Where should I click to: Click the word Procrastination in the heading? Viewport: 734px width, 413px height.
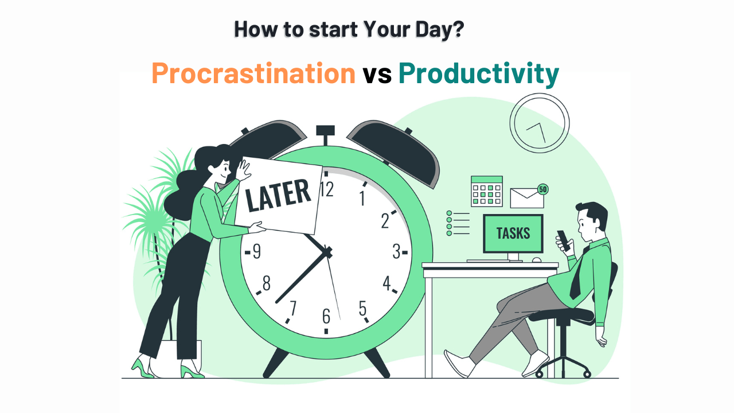coord(253,74)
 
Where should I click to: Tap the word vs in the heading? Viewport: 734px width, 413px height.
coord(377,75)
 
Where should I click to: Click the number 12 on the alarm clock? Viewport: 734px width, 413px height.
coord(326,189)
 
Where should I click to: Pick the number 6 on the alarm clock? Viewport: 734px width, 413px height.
coord(326,316)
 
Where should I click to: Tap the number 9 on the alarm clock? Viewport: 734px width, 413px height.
coord(256,251)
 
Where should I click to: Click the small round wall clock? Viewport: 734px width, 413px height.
coord(539,123)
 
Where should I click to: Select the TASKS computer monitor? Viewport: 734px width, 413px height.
coord(513,233)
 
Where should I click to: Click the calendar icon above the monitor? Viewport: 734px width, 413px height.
coord(486,191)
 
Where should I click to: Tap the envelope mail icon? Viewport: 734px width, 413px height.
coord(526,197)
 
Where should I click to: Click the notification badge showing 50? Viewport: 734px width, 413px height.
coord(542,189)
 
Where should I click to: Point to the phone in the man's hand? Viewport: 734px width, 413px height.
coord(564,240)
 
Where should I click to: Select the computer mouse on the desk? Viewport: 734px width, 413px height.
coord(536,260)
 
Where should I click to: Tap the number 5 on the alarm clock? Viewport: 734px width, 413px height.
coord(362,309)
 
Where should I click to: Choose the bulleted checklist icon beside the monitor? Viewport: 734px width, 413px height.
coord(458,223)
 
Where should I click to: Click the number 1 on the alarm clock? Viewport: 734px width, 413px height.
coord(362,198)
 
